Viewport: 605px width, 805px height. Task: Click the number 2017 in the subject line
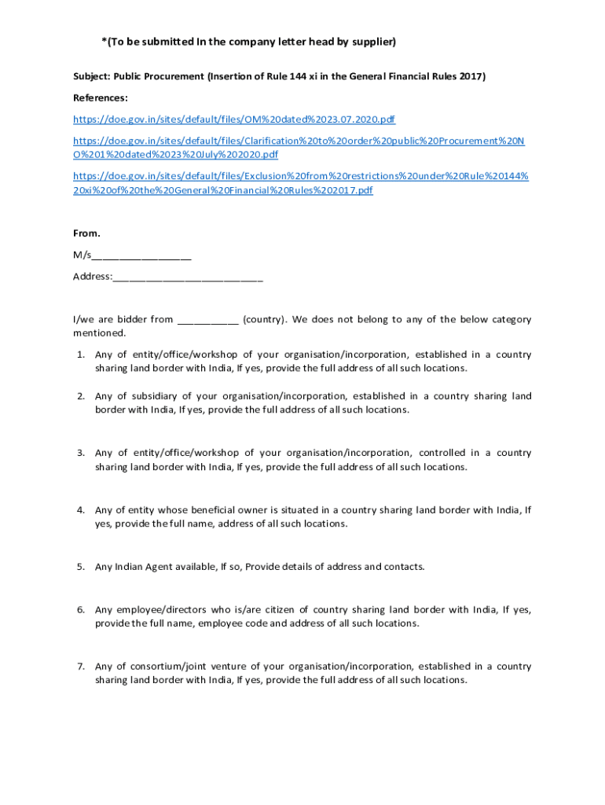[471, 76]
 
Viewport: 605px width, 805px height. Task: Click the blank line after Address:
[188, 277]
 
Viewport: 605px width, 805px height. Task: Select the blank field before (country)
[208, 320]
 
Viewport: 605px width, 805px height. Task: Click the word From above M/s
[86, 233]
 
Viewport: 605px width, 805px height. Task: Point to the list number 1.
[80, 355]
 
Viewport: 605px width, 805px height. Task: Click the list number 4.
[80, 509]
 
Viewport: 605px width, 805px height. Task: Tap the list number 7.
[80, 667]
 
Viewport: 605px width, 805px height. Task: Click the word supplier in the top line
[369, 41]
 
